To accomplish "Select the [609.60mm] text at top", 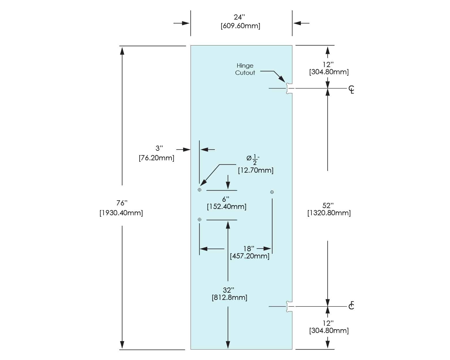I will (x=240, y=26).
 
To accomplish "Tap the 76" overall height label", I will (x=122, y=203).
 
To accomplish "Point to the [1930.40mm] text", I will (x=121, y=213).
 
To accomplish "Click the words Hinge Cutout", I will (x=245, y=69).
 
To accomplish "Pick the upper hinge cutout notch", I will (x=289, y=88).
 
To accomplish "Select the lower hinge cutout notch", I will (x=289, y=306).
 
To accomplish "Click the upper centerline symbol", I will (x=351, y=89).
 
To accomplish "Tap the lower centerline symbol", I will (x=351, y=305).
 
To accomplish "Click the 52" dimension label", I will (x=328, y=205).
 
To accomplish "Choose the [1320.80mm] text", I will (x=329, y=213).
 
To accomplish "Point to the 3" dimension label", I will (x=159, y=148).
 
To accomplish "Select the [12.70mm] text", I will (x=256, y=170).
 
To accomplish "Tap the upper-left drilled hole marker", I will (x=199, y=190).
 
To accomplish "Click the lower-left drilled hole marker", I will (x=199, y=220).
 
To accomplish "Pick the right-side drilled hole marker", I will (x=272, y=192).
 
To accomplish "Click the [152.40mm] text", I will (x=227, y=206).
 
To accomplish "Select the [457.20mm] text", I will (x=250, y=256).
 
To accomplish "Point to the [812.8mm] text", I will (x=229, y=297).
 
